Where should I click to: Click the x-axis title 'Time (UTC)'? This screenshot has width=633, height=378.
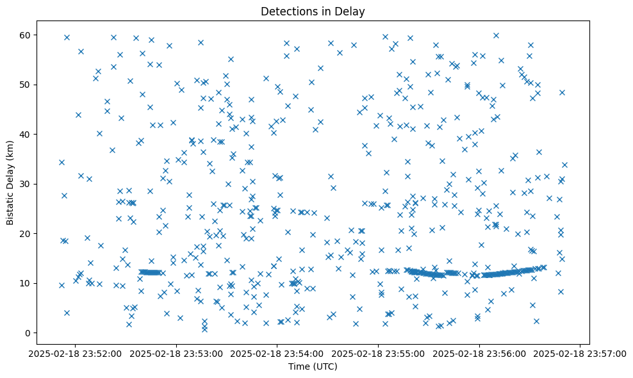point(313,366)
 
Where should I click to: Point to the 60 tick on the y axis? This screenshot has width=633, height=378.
point(30,35)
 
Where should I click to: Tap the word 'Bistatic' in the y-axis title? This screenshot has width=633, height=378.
point(10,206)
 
